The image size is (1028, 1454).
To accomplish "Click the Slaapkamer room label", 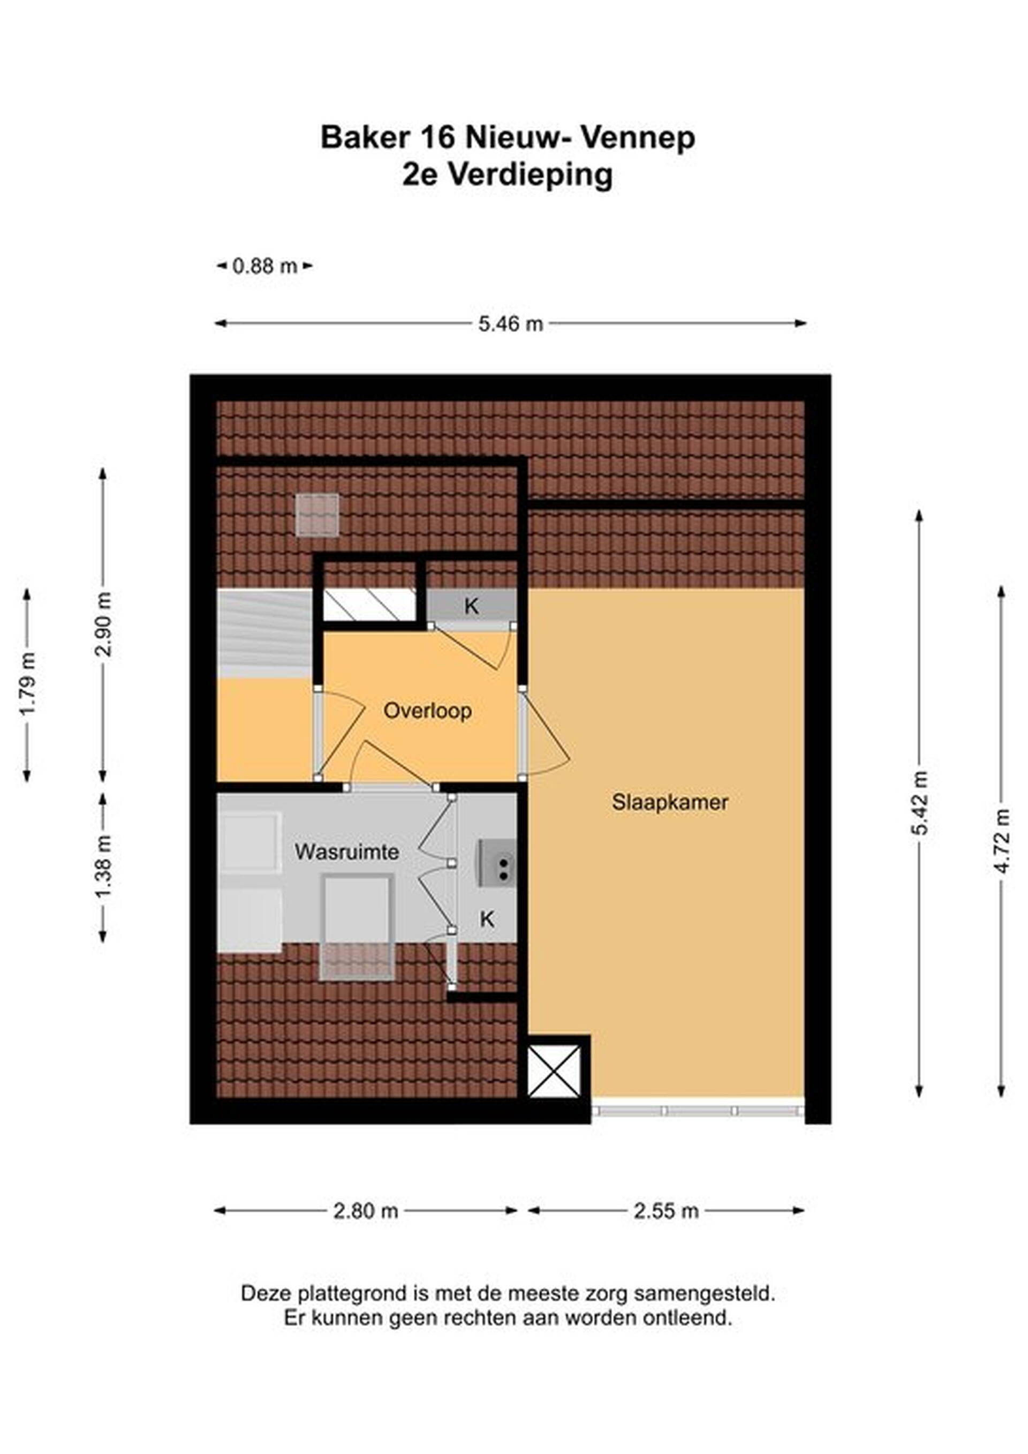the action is (670, 803).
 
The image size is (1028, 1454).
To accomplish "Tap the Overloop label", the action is (427, 711).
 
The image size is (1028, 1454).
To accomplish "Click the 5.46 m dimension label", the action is (511, 323).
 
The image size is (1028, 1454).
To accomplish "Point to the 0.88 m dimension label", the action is (264, 266).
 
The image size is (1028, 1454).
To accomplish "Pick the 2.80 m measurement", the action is (365, 1211).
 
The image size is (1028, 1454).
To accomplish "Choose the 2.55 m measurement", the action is (666, 1211).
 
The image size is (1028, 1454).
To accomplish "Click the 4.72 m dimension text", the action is (1001, 841).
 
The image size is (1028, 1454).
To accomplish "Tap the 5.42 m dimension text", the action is (920, 803).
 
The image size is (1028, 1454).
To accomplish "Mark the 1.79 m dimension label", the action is (27, 684).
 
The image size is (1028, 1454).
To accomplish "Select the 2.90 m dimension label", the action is (104, 624).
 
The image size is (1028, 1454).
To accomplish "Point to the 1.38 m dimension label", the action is (104, 865).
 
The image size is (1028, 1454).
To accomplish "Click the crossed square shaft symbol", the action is (554, 1072).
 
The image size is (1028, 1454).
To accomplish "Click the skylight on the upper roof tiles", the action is (316, 515).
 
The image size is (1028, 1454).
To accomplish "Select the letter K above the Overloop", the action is (471, 607).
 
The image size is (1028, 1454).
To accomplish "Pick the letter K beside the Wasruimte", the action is (486, 919).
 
